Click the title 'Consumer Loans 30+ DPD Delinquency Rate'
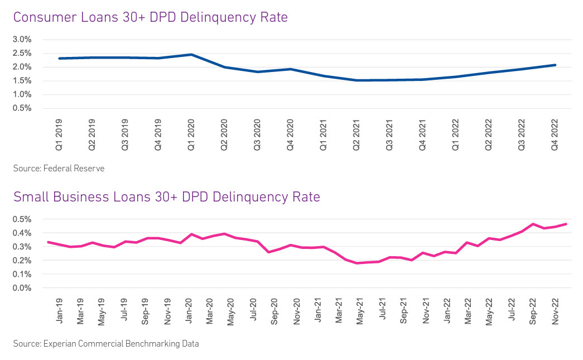[151, 17]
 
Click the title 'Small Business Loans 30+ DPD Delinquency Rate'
[166, 196]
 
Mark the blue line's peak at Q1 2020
[191, 55]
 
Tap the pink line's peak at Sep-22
[533, 224]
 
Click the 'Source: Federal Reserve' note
[59, 168]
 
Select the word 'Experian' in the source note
[59, 344]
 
